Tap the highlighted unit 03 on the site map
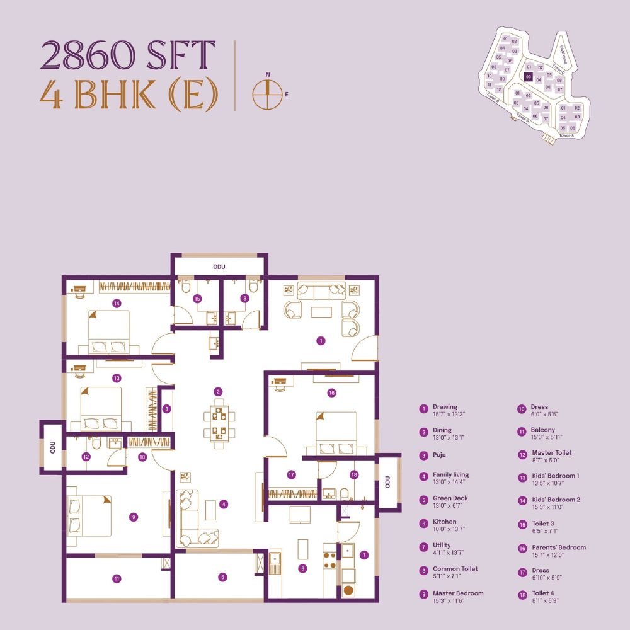[x=529, y=77]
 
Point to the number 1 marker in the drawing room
[x=321, y=341]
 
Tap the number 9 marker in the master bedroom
[x=133, y=517]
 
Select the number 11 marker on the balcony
[x=117, y=578]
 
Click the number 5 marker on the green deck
[x=223, y=577]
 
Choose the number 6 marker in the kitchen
[x=303, y=568]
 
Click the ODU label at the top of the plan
[x=219, y=267]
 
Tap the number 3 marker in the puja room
[x=166, y=409]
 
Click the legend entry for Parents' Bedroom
[x=558, y=551]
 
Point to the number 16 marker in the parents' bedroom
[x=331, y=392]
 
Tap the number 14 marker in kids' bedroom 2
[x=117, y=303]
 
